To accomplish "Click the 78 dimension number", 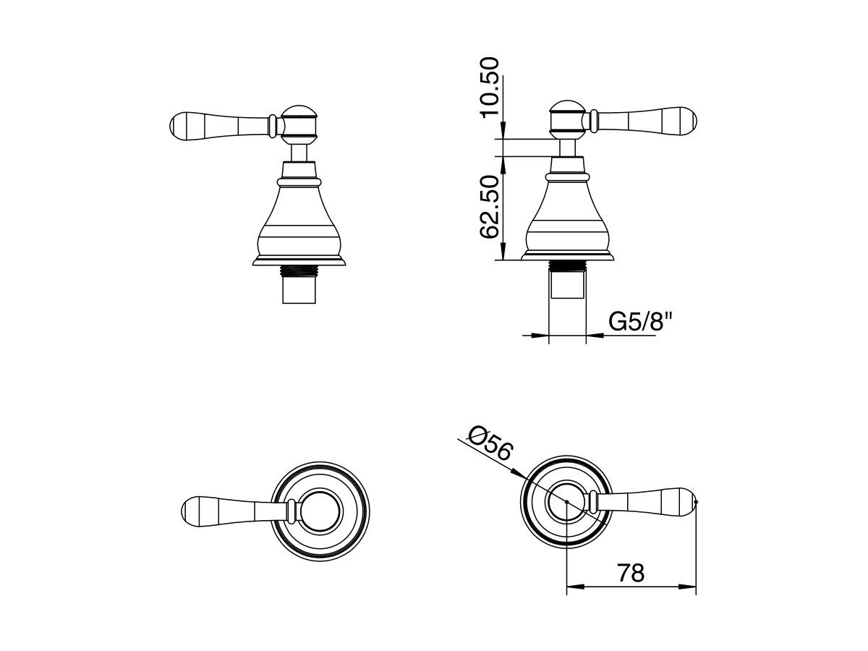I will pos(631,573).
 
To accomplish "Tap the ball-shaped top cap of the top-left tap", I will pos(299,122).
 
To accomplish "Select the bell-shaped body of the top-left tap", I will pos(299,217).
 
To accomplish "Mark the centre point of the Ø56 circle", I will pos(567,501).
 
